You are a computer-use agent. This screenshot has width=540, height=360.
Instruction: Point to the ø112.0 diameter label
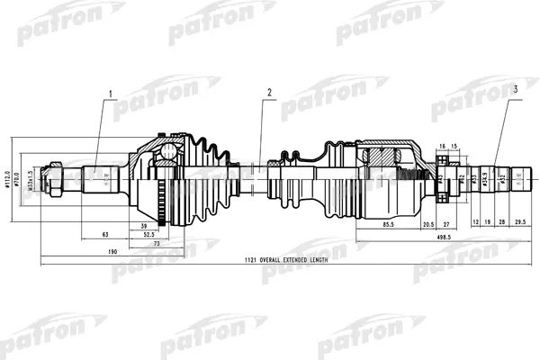(x=6, y=175)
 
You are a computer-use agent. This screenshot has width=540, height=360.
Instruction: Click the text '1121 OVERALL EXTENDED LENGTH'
(x=281, y=259)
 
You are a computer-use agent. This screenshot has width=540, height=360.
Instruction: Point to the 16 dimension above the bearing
(x=442, y=146)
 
